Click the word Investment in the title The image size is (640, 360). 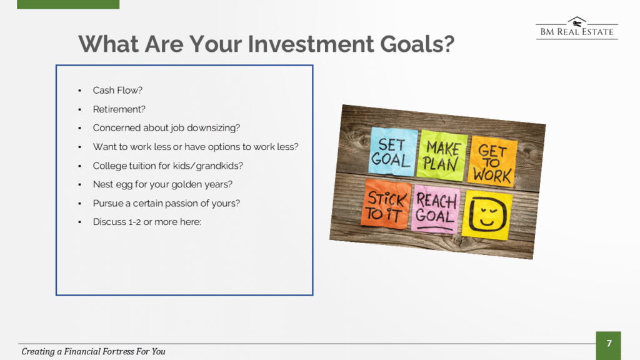[311, 44]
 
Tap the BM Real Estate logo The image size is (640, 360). [577, 28]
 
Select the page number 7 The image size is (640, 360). [609, 344]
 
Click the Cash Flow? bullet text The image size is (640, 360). [117, 90]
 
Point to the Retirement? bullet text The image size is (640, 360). [119, 109]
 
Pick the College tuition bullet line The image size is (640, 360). [167, 166]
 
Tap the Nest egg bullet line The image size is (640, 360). [162, 184]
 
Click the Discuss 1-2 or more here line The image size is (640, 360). [147, 222]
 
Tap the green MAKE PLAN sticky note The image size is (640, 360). [442, 156]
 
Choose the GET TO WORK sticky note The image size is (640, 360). [493, 161]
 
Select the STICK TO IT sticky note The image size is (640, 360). [386, 204]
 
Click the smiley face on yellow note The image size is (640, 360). [487, 214]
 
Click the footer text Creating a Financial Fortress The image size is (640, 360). [94, 351]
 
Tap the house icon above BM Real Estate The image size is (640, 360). [577, 22]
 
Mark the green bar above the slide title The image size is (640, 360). [68, 4]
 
